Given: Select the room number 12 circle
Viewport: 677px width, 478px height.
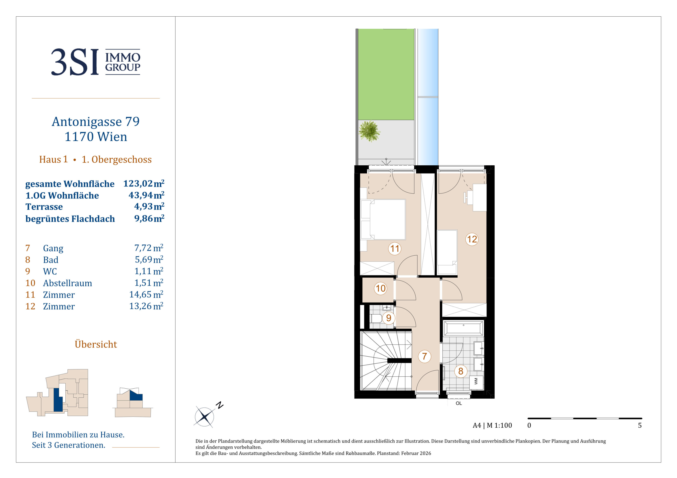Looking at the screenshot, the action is click(472, 239).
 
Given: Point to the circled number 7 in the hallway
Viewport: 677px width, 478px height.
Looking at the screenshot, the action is click(425, 356).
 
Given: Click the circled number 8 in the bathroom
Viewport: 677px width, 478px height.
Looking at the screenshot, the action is click(460, 371).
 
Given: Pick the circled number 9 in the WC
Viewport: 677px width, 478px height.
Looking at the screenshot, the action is click(389, 318).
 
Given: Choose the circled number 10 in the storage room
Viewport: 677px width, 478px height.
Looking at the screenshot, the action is click(380, 288).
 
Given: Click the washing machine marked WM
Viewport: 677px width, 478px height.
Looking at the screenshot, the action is click(476, 382).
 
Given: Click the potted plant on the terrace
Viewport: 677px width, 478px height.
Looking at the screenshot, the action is click(369, 131).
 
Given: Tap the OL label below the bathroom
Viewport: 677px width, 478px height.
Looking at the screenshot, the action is click(458, 403).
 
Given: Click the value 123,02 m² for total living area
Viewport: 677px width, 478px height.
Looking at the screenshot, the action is click(144, 183).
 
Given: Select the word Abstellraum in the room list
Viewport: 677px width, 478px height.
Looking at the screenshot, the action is click(68, 283).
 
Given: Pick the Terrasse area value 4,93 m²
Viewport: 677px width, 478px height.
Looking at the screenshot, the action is click(149, 206).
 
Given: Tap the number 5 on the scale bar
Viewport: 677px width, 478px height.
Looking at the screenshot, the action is click(640, 425).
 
